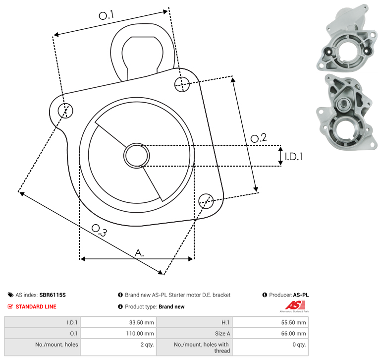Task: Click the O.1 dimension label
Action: pos(107,15)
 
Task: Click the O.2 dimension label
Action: pos(259,138)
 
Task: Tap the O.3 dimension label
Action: pos(99,231)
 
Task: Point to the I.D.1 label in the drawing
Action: pos(294,157)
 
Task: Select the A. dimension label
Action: pos(140,253)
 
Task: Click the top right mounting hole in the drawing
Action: pos(182,84)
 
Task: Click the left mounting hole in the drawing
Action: pos(65,111)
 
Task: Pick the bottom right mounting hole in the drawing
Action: pos(206,201)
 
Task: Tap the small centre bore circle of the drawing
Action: pos(137,156)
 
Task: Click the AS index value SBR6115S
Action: pos(53,295)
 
